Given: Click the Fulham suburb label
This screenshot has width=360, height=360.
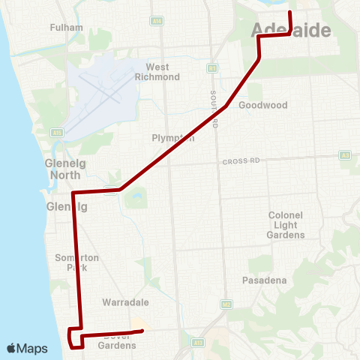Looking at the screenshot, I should (61, 27).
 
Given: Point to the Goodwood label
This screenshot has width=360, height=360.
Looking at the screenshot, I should (262, 106).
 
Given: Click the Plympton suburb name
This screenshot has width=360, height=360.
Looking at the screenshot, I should (173, 138).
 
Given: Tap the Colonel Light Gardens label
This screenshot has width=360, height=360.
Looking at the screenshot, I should (286, 225).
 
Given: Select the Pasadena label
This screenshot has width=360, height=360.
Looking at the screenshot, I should (265, 280).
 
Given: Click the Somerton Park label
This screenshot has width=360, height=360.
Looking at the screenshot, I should (77, 262).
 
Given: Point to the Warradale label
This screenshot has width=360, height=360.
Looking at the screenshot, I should (125, 302).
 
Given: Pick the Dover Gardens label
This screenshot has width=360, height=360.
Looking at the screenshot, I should (117, 340).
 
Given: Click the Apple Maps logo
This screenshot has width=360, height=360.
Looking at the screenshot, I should (27, 348).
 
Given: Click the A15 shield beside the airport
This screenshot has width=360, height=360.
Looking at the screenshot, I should (57, 133).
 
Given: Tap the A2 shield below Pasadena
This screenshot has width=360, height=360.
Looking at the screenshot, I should (226, 304).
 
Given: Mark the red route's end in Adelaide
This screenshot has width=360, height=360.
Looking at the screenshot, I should (289, 13).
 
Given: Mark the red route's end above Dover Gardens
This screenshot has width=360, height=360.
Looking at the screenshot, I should (142, 331).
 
